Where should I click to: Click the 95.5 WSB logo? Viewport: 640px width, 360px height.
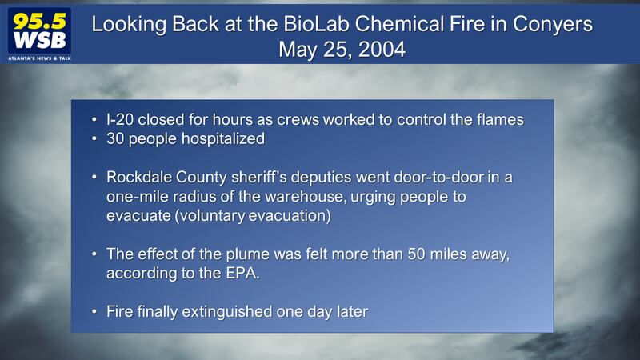click(39, 34)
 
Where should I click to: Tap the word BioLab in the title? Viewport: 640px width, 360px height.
click(316, 24)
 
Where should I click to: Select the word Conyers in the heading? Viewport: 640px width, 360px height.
click(553, 25)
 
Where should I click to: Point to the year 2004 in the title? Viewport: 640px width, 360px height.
click(382, 50)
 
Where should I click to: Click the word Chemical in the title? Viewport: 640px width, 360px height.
click(399, 24)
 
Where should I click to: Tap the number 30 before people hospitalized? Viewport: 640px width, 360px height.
click(115, 138)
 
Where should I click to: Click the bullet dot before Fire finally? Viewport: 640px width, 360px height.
click(94, 312)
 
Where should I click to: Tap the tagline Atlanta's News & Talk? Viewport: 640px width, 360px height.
click(39, 58)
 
